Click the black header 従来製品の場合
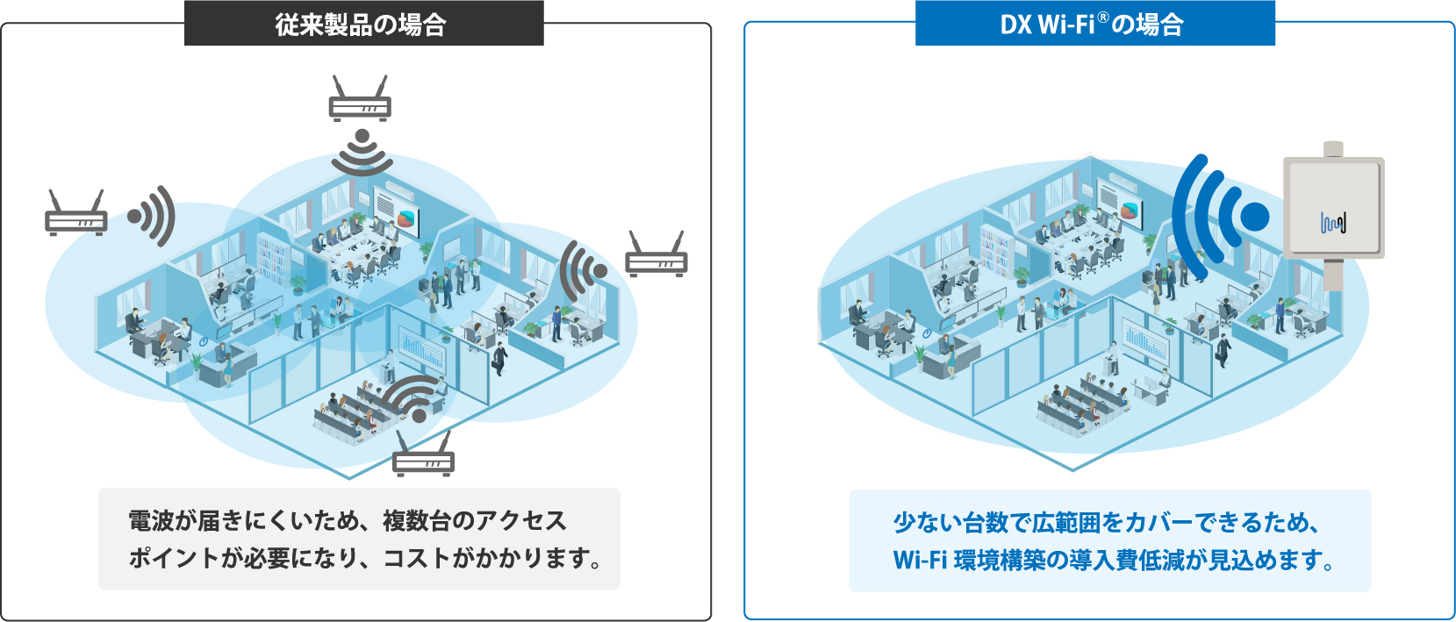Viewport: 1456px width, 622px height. (363, 24)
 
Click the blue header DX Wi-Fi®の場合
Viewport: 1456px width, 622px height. (1094, 24)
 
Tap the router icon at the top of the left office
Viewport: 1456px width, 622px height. (360, 99)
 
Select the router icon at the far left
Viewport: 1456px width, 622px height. (76, 214)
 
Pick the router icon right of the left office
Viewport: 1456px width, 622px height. (656, 255)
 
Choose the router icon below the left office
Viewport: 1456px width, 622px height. (423, 454)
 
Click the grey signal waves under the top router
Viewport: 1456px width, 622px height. (362, 153)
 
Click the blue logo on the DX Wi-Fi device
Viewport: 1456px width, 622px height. (1333, 224)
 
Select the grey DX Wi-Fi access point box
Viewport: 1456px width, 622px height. (1333, 207)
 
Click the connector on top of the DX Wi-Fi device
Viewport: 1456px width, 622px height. (1333, 149)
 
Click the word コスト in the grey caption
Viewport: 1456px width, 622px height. (416, 558)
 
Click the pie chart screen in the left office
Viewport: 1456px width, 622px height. (407, 216)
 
